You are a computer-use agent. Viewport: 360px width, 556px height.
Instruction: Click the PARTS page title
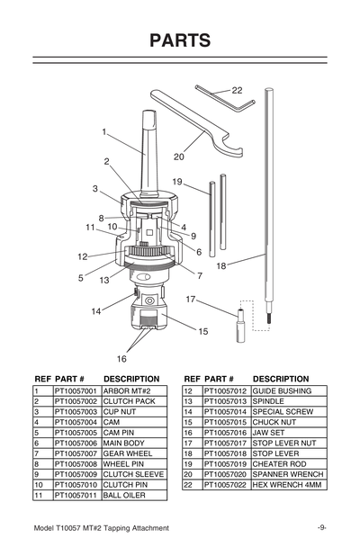pos(180,40)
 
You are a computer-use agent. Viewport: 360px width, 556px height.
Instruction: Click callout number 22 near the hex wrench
pos(237,91)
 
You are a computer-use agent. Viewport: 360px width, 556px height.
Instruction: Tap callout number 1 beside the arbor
pos(104,132)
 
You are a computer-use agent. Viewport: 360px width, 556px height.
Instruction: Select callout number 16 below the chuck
pos(121,358)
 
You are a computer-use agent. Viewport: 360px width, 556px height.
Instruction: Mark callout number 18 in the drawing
pos(220,265)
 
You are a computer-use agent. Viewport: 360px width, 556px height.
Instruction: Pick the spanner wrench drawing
pos(193,121)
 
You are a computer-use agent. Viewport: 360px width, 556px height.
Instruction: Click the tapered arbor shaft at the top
pos(146,144)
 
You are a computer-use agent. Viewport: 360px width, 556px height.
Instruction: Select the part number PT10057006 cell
pos(76,444)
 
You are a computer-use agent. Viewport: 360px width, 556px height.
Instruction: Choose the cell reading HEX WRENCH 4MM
pos(288,485)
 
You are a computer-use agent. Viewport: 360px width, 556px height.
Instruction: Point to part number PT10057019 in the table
pos(226,464)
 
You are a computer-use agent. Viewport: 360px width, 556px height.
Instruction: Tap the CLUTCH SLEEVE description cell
pos(132,474)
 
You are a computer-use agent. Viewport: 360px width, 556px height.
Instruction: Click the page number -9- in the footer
pos(321,527)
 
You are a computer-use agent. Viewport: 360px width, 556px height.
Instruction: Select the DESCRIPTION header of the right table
pos(282,379)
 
